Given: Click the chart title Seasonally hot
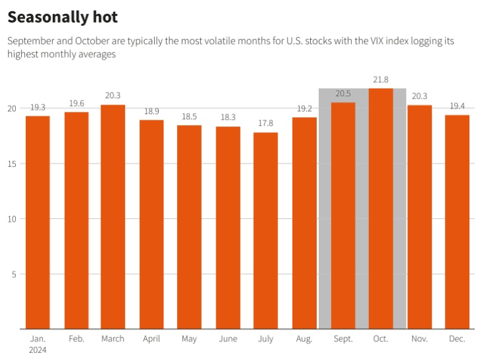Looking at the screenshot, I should [x=63, y=17].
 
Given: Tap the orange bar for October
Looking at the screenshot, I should [x=381, y=208].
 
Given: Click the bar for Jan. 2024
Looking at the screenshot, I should [x=38, y=222].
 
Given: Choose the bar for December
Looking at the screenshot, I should [x=457, y=222].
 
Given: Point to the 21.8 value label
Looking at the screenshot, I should [x=381, y=80].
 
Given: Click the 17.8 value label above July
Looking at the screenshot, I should [x=266, y=124].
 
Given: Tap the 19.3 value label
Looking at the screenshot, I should [x=38, y=108].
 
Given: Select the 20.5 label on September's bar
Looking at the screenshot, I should [x=342, y=94].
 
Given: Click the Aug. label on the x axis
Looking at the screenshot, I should [x=304, y=339].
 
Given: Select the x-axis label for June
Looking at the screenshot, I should [x=227, y=339].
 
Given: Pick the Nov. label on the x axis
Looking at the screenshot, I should [x=419, y=339].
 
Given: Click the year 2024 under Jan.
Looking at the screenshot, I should [x=38, y=350].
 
